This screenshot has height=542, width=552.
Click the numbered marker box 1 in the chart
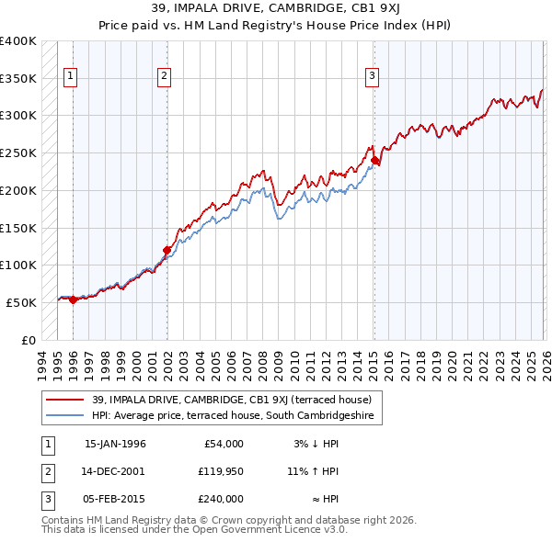72,77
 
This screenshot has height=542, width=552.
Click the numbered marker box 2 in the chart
164,77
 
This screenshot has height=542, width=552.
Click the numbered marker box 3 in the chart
372,77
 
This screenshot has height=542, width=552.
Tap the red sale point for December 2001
167,250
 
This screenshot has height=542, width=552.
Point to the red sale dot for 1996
73,299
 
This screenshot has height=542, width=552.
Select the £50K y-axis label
21,302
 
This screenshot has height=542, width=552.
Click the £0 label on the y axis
29,340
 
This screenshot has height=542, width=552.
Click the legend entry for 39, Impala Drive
231,400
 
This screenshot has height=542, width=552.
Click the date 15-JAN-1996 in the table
115,444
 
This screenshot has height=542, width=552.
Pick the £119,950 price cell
221,471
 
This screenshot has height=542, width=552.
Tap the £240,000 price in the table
221,499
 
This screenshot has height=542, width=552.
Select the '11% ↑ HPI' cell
313,471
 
